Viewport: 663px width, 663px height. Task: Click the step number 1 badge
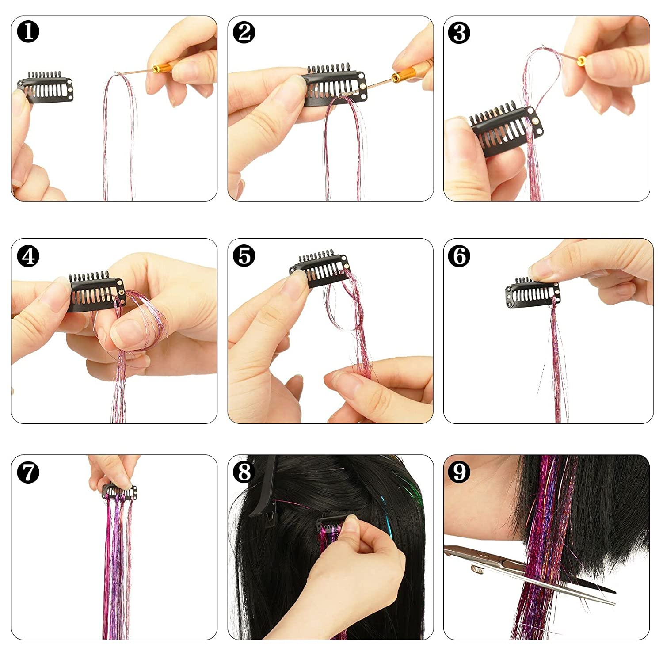pos(28,32)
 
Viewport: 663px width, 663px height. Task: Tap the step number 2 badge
pos(244,32)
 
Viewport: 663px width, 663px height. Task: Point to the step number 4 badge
pos(28,256)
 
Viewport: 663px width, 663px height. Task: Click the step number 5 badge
pos(244,256)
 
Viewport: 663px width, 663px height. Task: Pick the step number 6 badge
pos(459,256)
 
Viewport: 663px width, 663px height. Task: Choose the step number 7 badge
pos(28,472)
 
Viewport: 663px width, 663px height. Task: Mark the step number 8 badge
pos(244,472)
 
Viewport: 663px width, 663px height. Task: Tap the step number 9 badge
pos(459,472)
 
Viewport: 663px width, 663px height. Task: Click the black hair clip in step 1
pos(46,88)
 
